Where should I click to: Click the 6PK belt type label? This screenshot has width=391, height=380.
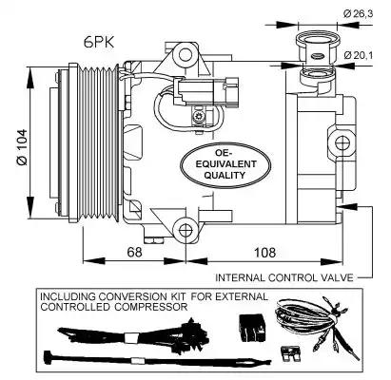click(x=99, y=42)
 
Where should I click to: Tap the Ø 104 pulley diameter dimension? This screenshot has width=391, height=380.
click(x=23, y=147)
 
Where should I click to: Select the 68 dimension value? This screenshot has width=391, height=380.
click(x=134, y=253)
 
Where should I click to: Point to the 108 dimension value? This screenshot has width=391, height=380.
click(x=264, y=253)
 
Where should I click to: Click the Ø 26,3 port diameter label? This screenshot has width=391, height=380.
click(x=358, y=13)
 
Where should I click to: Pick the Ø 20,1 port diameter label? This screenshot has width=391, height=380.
click(x=359, y=55)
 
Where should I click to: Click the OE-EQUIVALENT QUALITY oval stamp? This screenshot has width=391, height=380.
click(x=225, y=164)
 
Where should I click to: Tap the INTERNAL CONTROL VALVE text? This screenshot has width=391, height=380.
click(x=284, y=277)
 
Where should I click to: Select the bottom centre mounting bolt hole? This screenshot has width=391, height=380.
click(x=186, y=231)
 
